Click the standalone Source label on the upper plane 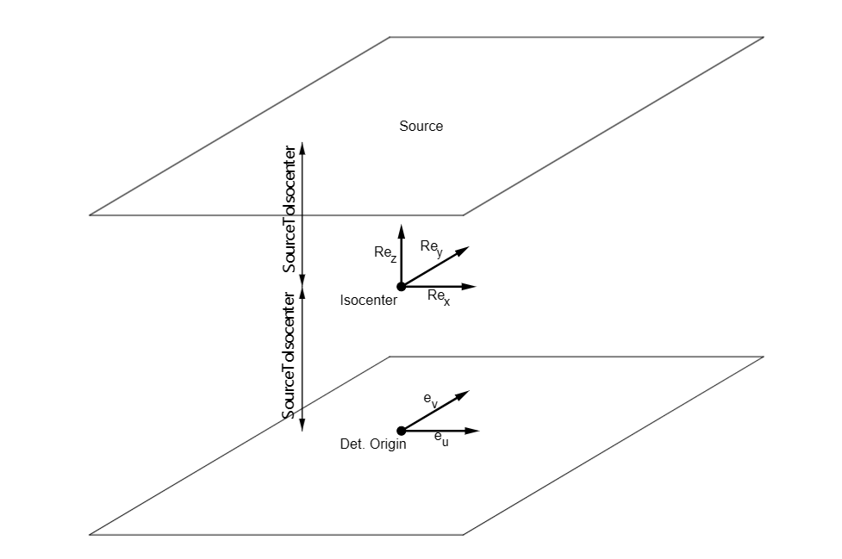pos(421,127)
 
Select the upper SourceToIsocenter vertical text pos(290,209)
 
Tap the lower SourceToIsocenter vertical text pos(290,356)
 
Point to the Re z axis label pos(385,253)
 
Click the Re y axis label pos(432,247)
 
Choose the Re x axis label pos(439,297)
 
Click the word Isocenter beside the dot pos(369,301)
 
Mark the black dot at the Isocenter pos(401,287)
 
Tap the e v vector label pos(431,400)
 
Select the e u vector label pos(441,439)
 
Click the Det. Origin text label pos(373,444)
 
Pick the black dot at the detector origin pos(401,431)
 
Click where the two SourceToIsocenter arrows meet pos(302,287)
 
